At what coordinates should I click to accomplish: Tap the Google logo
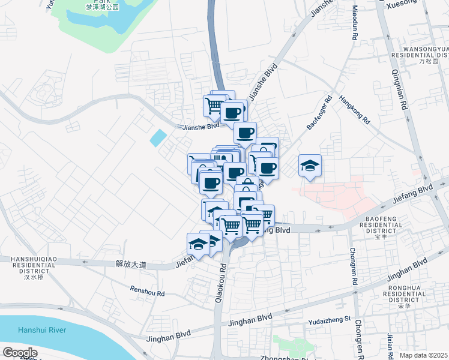pos(20,353)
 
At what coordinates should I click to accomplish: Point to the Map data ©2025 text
pos(424,355)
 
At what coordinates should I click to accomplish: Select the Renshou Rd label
pos(148,291)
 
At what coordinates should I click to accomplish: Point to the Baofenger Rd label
pos(319,114)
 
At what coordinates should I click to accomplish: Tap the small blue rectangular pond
pos(158,138)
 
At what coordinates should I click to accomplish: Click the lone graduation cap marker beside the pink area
pos(310,166)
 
